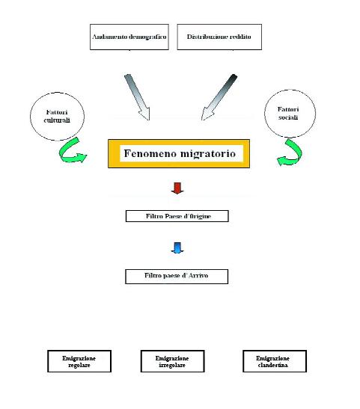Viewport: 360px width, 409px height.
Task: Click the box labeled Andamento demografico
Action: [x=129, y=37]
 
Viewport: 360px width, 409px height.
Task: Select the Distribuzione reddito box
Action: [x=219, y=37]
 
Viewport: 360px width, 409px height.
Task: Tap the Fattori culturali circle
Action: [x=57, y=117]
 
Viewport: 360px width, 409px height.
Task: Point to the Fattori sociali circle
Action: [x=290, y=113]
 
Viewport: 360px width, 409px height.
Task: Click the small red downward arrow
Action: [x=177, y=188]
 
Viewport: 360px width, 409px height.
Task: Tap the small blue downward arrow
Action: [x=177, y=247]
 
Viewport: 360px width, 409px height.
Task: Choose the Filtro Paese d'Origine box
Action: [x=177, y=216]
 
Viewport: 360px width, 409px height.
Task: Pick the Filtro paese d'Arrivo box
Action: [x=177, y=277]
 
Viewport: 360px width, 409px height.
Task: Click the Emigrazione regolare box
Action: [x=79, y=361]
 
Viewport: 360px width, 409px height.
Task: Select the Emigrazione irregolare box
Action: [x=172, y=361]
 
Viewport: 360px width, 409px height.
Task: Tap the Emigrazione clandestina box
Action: [x=275, y=361]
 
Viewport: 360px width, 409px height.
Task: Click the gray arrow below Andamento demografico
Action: [x=137, y=96]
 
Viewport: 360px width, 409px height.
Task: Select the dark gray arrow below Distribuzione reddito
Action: [x=219, y=97]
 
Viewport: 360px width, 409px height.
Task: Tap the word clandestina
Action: [x=272, y=365]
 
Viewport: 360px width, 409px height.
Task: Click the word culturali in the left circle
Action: [x=57, y=120]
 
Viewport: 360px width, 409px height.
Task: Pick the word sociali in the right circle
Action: [x=288, y=117]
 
